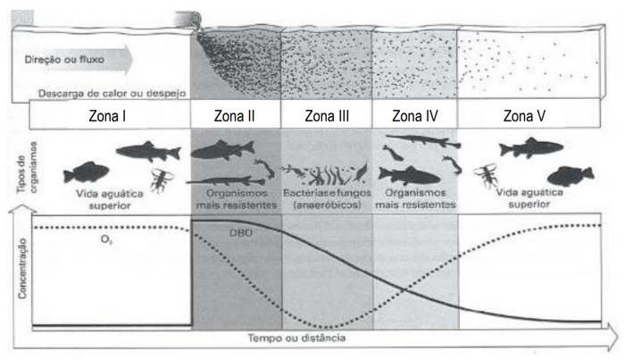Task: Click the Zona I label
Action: tap(111, 115)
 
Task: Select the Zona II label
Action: tap(236, 115)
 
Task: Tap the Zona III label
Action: tap(326, 115)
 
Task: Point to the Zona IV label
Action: tap(415, 115)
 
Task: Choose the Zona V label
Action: tap(530, 115)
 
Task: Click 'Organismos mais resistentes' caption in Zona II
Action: tap(237, 198)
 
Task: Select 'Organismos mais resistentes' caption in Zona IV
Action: tap(414, 198)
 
